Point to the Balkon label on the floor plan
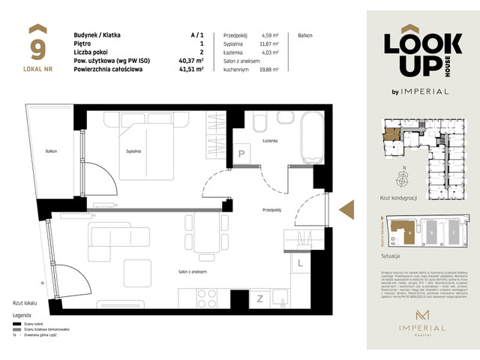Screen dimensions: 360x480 [x=50, y=151]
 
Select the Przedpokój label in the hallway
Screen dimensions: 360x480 [x=271, y=210]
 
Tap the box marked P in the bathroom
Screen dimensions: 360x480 [x=242, y=154]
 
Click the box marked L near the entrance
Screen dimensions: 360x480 [x=300, y=263]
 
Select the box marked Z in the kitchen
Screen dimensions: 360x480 [x=260, y=299]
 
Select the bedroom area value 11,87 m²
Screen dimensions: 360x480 [x=269, y=44]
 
